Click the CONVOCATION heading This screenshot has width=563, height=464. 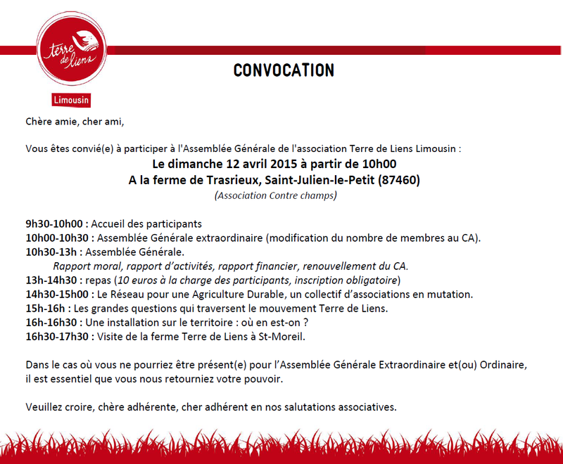click(284, 70)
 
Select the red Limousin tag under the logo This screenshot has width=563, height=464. click(71, 101)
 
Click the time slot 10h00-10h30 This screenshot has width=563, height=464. click(58, 238)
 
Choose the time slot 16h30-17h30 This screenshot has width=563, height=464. click(58, 336)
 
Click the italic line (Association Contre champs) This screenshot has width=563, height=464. click(275, 195)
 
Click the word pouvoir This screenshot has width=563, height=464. click(262, 379)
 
